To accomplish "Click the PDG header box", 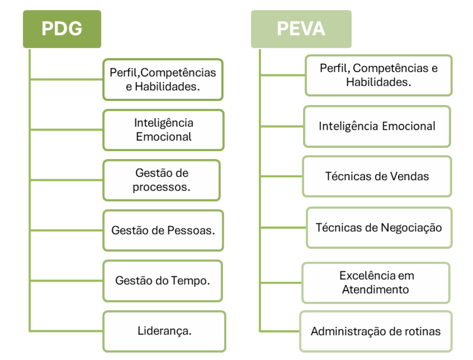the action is (62, 29).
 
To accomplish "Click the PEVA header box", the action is (301, 29).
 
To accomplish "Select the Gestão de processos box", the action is (162, 180).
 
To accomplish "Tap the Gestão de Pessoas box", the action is (163, 230).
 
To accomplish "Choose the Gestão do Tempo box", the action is (162, 281).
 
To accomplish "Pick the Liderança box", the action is (164, 331).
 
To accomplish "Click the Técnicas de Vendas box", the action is (377, 176).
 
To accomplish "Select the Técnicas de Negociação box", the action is (379, 228).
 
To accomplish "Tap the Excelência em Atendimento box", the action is (376, 283).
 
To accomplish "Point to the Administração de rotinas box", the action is (376, 331).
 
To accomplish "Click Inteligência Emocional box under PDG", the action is (163, 130).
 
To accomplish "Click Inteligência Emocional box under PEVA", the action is (377, 127).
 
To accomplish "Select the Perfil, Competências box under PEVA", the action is (378, 75).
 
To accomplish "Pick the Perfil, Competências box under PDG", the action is (163, 80).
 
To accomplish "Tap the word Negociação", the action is (412, 228).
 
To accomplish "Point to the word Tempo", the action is (190, 281).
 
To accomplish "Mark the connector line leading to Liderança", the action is (67, 331).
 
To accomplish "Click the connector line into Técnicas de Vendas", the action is (282, 176).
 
